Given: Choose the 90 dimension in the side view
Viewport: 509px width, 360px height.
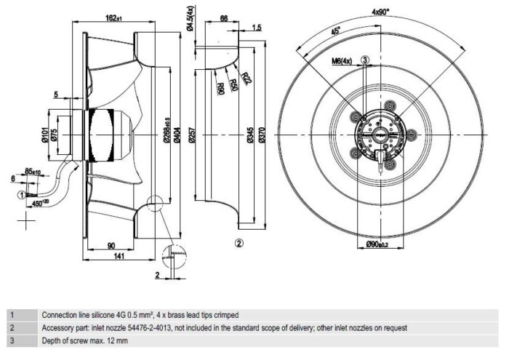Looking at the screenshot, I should (111, 245).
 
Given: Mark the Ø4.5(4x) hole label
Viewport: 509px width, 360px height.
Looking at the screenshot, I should (190, 17).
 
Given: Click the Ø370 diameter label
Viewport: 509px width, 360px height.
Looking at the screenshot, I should (262, 135).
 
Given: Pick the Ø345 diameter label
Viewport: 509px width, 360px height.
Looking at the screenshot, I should (251, 135).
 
